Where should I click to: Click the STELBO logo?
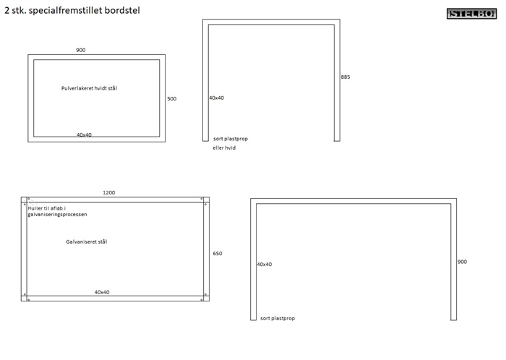[472, 13]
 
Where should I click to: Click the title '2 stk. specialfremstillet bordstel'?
[72, 11]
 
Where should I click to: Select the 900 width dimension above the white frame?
[80, 50]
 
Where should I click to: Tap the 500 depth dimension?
[171, 98]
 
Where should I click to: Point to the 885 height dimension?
[346, 77]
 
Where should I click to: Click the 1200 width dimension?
[108, 192]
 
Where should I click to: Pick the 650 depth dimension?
[218, 254]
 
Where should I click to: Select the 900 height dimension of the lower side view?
[462, 262]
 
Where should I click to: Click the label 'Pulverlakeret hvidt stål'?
[89, 88]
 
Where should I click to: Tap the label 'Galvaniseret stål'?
[86, 241]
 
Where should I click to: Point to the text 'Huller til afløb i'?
[46, 208]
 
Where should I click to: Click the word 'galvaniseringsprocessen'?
[57, 215]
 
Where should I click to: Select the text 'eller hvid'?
[224, 147]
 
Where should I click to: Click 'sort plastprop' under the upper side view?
[230, 138]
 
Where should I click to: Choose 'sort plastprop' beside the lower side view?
[278, 318]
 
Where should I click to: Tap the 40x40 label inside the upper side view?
[217, 98]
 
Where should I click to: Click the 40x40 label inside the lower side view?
[265, 265]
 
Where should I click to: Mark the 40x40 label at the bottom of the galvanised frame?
[102, 292]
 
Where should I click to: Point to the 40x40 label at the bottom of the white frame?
[85, 134]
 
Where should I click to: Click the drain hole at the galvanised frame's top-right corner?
[206, 205]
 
